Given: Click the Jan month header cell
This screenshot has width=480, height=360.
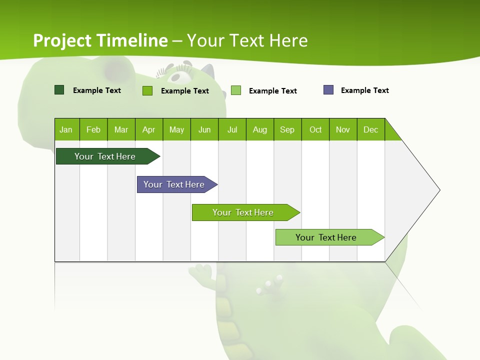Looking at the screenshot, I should click(66, 129).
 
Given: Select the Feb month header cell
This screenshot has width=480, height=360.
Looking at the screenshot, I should click(93, 129).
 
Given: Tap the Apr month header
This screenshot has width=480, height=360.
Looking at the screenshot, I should click(149, 129).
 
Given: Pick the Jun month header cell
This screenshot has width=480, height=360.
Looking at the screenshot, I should click(204, 129).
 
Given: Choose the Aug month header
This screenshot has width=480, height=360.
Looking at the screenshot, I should click(260, 129).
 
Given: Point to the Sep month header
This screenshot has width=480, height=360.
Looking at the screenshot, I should click(287, 129).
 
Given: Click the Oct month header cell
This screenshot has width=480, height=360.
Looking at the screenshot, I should click(315, 129).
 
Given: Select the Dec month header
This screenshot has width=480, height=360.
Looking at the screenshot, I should click(371, 129).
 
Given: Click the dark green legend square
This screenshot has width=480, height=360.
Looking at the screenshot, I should click(59, 90).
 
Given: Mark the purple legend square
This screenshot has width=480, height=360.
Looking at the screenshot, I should click(328, 90).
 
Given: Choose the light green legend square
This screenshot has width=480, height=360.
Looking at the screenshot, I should click(236, 90).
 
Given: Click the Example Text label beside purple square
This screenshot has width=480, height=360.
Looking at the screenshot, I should click(364, 90).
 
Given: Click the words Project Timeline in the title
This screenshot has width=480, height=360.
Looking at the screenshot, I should click(100, 40).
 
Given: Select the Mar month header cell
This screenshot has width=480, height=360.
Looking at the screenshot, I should click(121, 129).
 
